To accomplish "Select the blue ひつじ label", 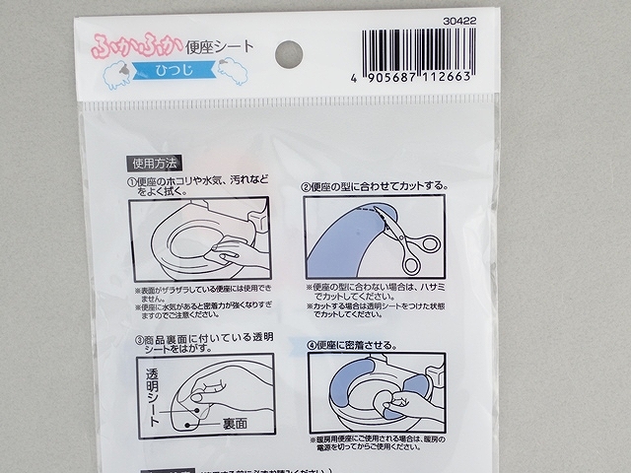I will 175,70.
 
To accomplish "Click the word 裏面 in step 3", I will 235,424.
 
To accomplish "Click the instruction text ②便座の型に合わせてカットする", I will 375,185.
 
